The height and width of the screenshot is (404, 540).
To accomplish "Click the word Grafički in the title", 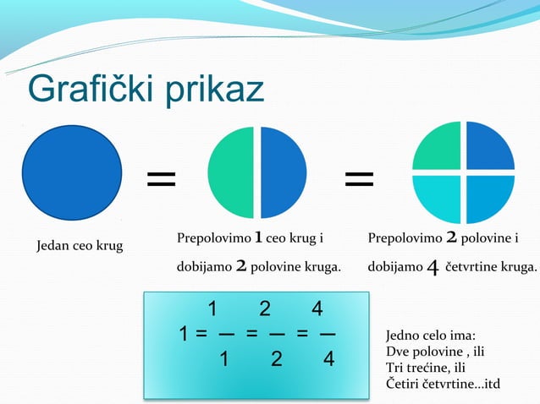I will click(82, 90).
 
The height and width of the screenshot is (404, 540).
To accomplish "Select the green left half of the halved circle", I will click(232, 172).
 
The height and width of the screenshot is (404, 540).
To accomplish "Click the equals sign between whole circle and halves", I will click(162, 178).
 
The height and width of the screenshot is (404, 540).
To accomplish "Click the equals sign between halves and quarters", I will click(360, 178).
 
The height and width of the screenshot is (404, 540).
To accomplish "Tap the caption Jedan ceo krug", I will click(79, 247).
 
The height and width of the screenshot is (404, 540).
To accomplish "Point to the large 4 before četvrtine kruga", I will click(432, 268).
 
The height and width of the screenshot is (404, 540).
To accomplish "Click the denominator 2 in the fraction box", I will click(276, 360).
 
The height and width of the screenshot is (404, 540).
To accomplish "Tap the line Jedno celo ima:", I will click(430, 336).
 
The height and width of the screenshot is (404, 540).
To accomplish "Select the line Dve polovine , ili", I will click(435, 352).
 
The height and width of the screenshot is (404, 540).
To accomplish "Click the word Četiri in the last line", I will click(403, 385).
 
